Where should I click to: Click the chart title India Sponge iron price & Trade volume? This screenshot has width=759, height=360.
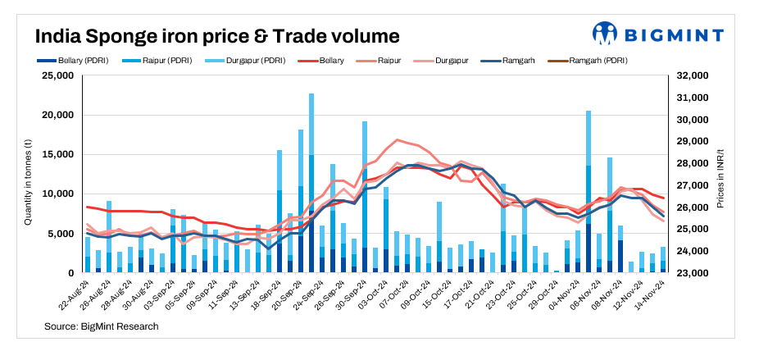(x=216, y=37)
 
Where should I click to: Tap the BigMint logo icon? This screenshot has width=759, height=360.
(x=605, y=34)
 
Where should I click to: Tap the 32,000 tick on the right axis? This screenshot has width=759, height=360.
(x=693, y=75)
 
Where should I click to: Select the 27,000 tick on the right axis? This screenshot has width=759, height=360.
(x=693, y=185)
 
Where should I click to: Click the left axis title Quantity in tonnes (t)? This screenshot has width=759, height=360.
(x=28, y=174)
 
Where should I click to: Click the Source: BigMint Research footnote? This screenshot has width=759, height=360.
(x=102, y=326)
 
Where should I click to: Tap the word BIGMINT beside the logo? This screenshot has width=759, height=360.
(x=675, y=34)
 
